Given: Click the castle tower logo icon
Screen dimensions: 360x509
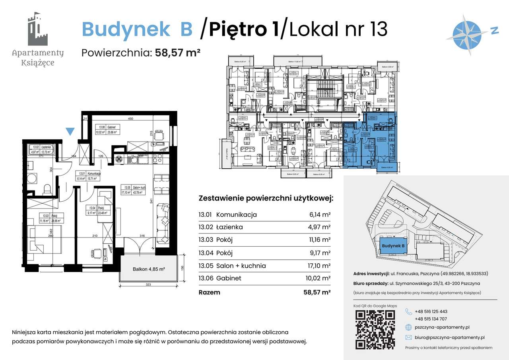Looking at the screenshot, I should click(37, 30).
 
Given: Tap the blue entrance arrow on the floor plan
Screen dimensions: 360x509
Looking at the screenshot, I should click(70, 131).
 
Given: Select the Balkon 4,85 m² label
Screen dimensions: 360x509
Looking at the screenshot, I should click(149, 269).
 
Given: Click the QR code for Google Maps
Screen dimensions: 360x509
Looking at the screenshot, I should click(375, 328).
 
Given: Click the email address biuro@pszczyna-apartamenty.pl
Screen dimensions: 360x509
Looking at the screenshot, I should click(449, 337).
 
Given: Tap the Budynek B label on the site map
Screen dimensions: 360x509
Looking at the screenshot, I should click(393, 246).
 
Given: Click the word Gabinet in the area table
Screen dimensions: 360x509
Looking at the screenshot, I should click(229, 278).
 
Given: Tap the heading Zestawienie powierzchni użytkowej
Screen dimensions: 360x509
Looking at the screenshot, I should click(266, 198).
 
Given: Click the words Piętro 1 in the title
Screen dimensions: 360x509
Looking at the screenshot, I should click(244, 29).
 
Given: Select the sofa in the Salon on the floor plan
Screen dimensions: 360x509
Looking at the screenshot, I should click(163, 223).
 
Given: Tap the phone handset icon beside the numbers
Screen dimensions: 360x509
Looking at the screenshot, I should click(408, 311).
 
